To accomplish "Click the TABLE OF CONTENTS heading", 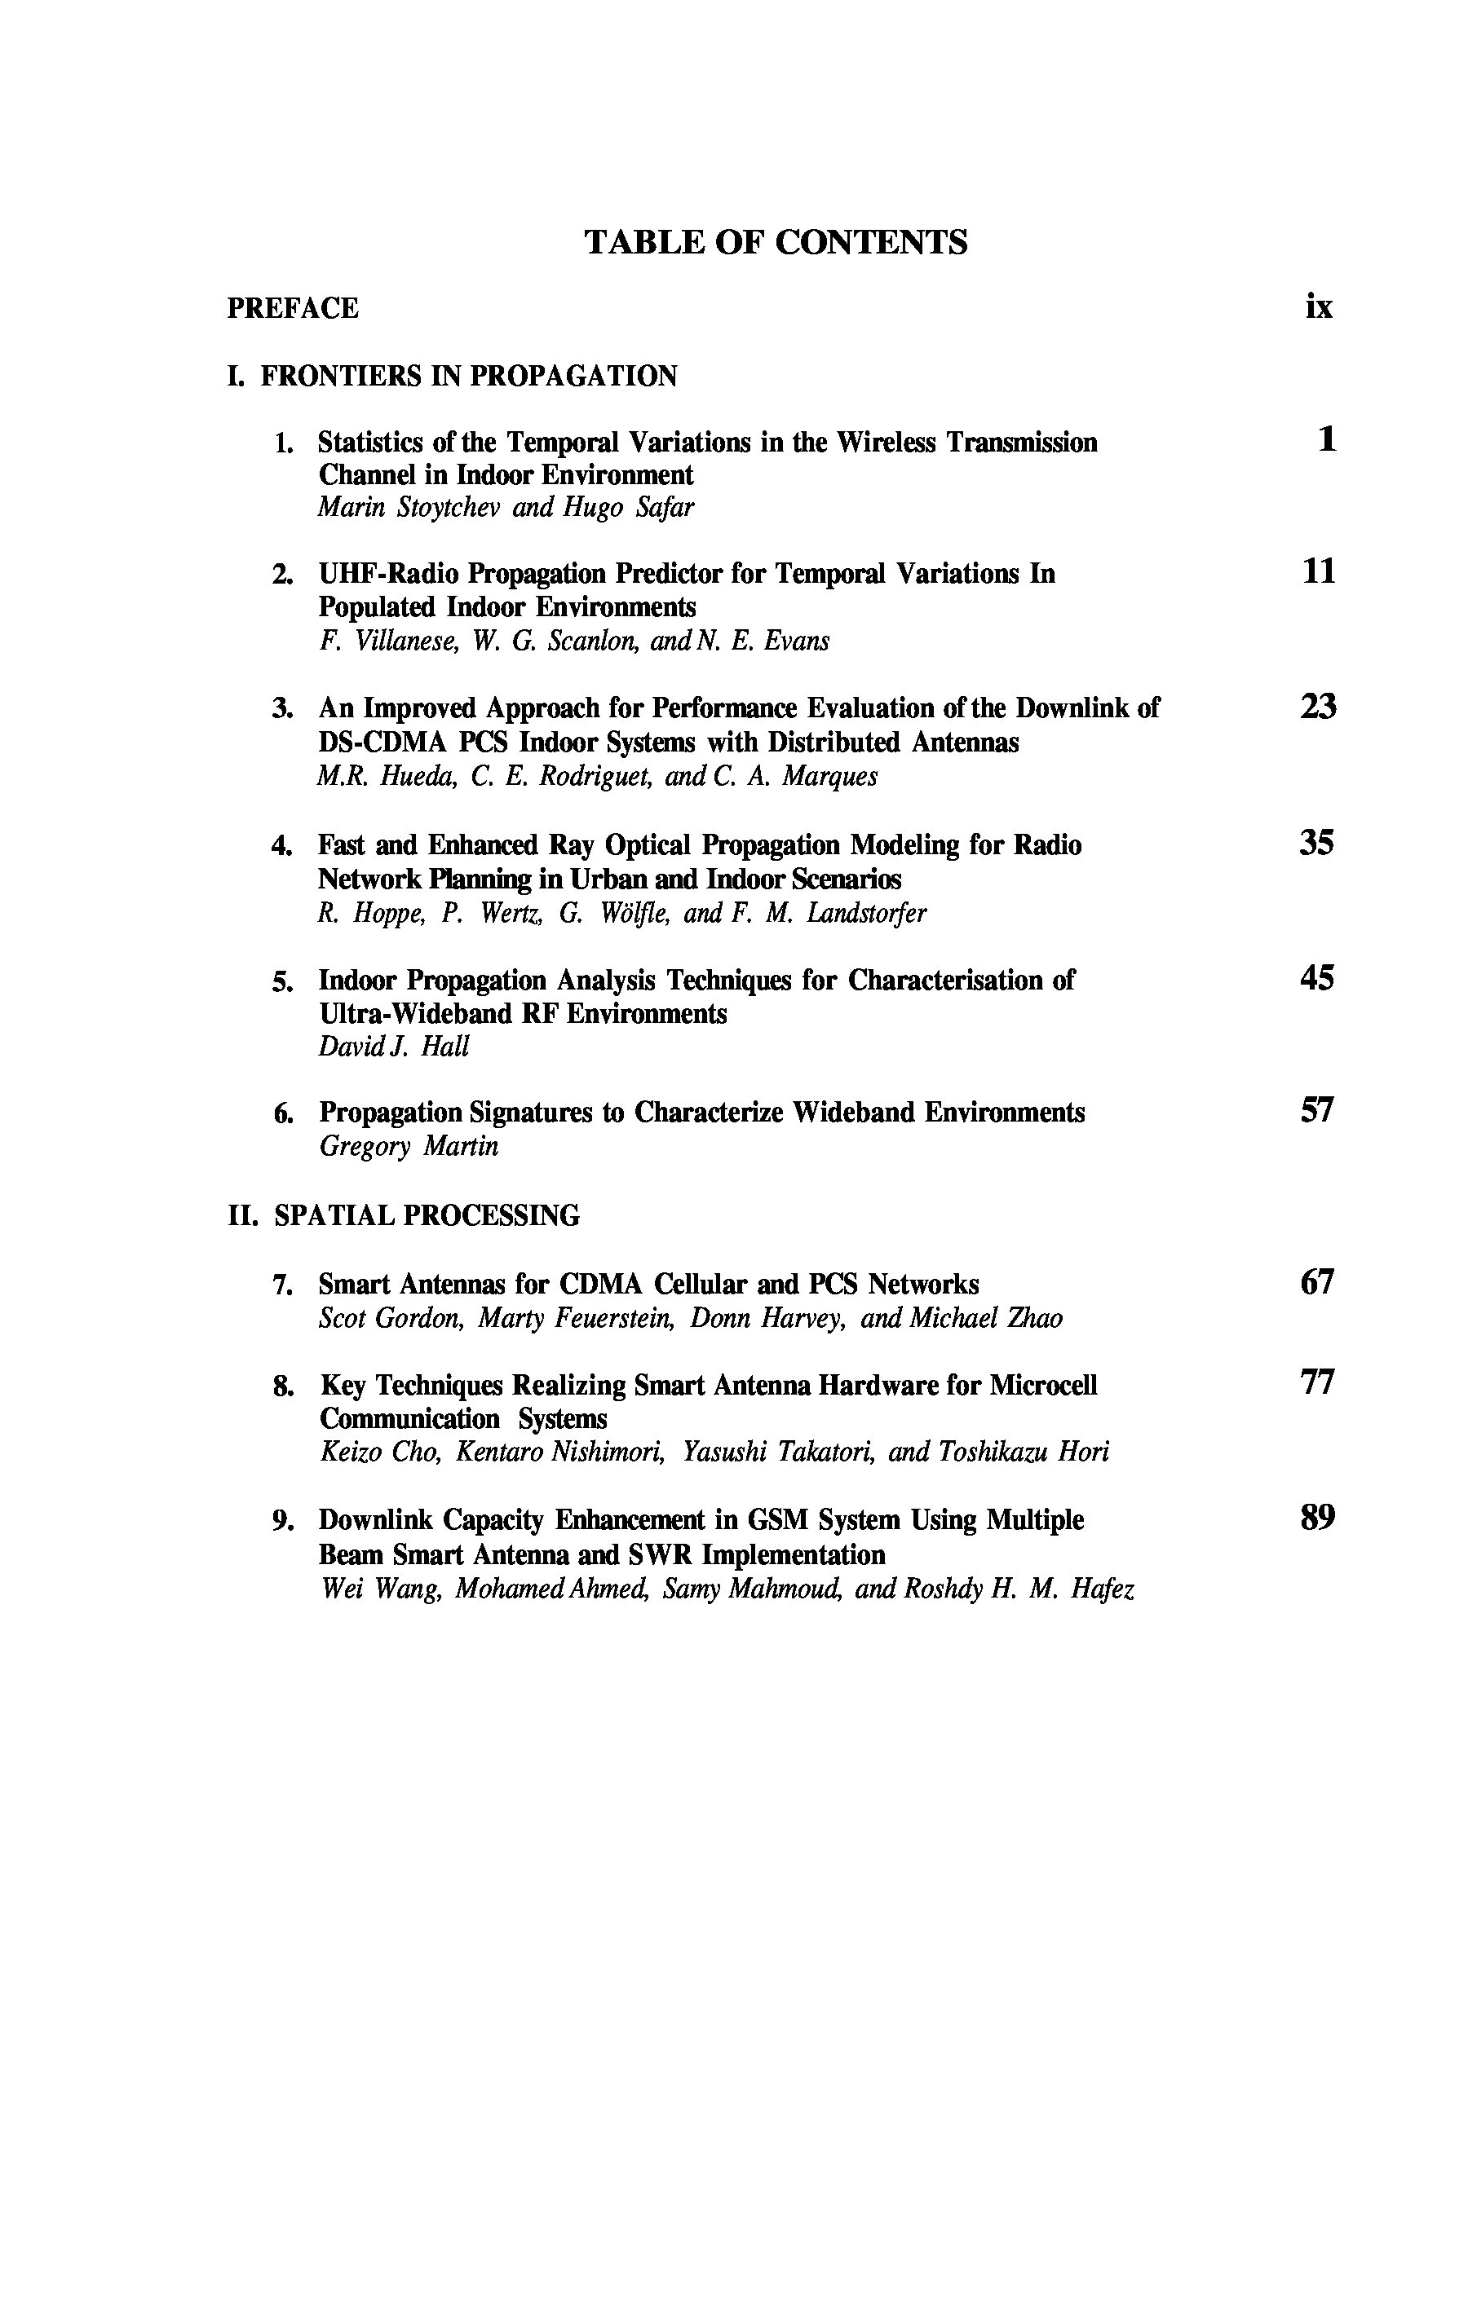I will [x=775, y=242].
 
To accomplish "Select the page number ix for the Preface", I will [x=1319, y=306].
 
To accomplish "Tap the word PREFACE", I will [x=293, y=309].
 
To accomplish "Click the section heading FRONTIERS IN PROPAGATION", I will [x=468, y=377].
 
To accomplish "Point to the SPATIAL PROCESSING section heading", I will [x=427, y=1215].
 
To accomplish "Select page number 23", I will [x=1317, y=707].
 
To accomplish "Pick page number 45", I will [x=1317, y=978].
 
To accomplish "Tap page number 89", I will [x=1317, y=1519].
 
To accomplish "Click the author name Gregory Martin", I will [x=409, y=1147].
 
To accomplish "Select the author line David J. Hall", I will [x=393, y=1047].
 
